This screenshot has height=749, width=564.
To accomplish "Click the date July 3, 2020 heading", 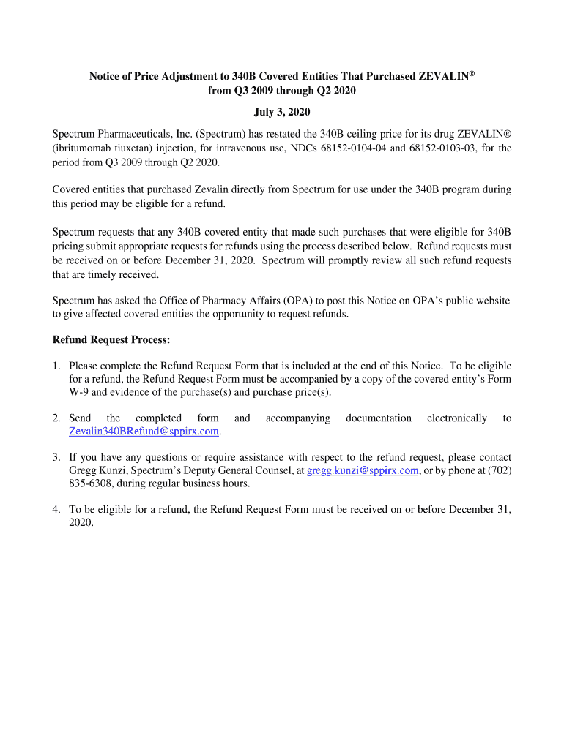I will coord(282,112).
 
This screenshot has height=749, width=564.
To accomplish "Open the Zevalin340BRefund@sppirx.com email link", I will coord(144,432).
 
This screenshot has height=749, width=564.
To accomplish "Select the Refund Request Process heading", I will coord(111,340).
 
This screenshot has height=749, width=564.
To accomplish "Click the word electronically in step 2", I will coord(457,418).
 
